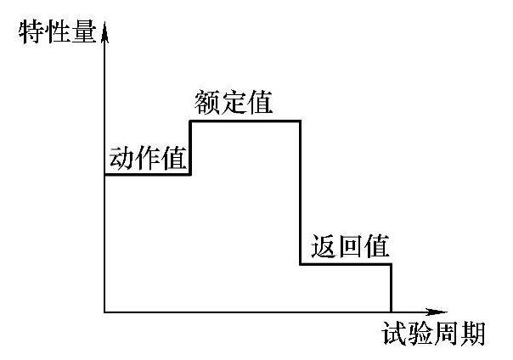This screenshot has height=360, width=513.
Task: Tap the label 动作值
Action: [x=148, y=158]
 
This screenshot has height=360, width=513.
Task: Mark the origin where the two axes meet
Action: [x=104, y=312]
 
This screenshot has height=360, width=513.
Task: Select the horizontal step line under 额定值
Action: [x=245, y=121]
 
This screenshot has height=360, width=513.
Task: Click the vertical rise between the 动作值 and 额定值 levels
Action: [x=190, y=148]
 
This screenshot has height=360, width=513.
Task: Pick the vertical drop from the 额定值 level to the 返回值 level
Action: [x=301, y=193]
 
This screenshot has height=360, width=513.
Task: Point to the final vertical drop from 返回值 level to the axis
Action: [x=392, y=288]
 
